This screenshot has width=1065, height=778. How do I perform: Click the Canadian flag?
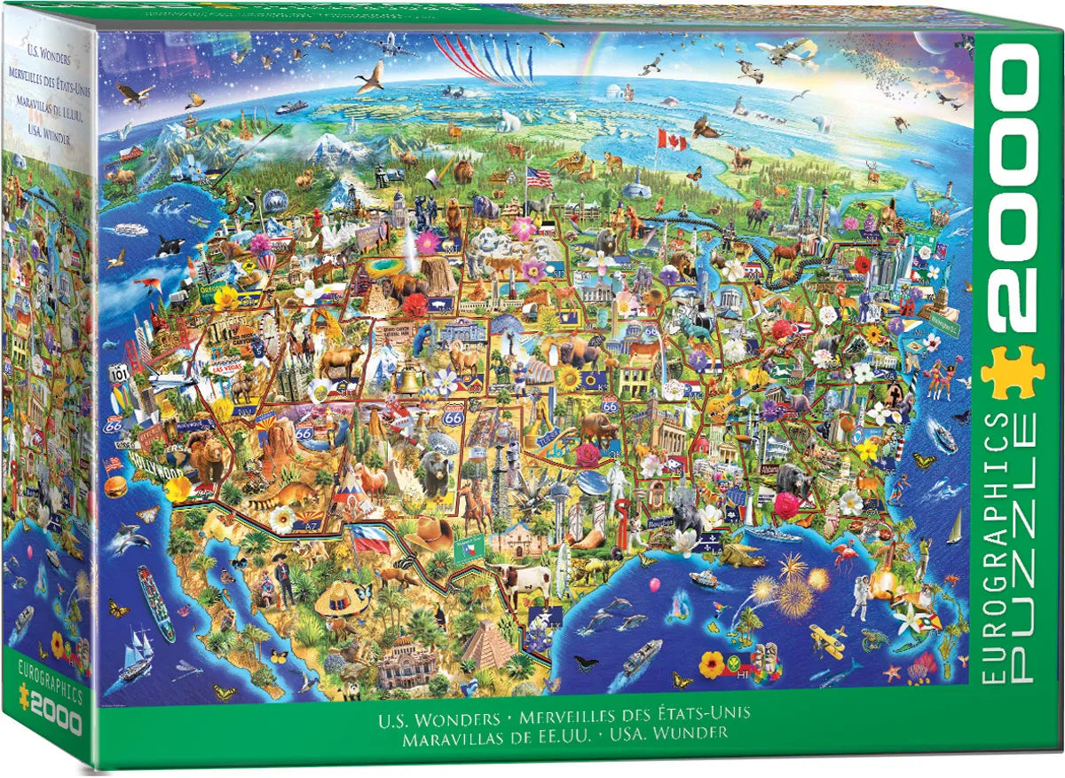point(671,139)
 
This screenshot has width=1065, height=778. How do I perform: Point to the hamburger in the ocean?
point(115,487)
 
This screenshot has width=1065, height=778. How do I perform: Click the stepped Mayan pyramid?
point(487,645)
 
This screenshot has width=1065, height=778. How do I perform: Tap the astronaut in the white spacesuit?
point(859,596)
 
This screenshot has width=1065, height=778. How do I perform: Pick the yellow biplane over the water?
point(827,640)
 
